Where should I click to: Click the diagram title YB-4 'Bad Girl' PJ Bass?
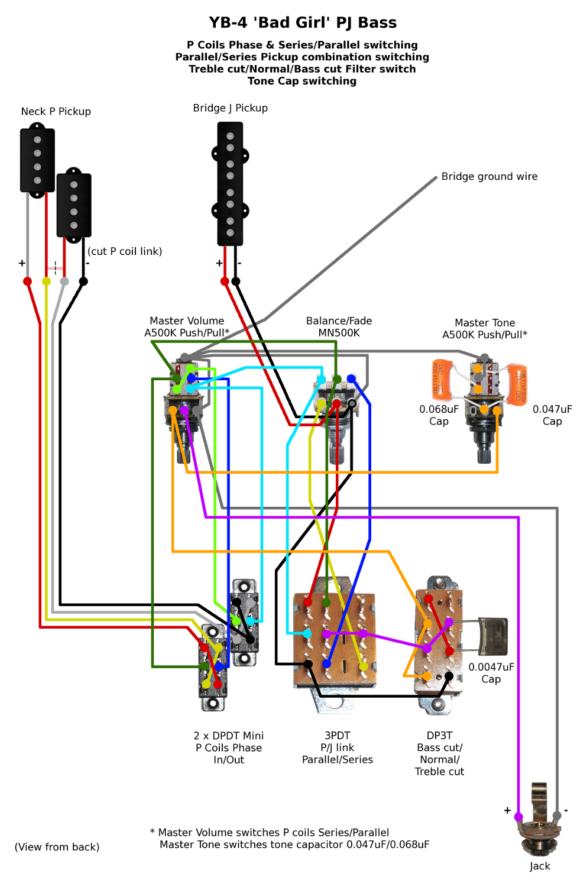click(302, 22)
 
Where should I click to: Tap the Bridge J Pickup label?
click(230, 108)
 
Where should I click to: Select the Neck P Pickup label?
click(56, 111)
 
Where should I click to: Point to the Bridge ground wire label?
click(489, 176)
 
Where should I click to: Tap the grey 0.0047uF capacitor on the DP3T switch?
click(492, 636)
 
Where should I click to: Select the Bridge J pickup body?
click(230, 183)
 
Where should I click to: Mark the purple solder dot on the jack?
click(518, 817)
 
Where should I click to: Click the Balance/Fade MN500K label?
click(339, 326)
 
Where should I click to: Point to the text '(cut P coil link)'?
click(125, 251)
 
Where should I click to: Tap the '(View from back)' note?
click(57, 847)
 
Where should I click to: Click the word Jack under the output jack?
click(540, 866)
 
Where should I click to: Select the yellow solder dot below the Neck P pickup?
click(46, 281)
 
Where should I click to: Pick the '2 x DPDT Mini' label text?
click(228, 736)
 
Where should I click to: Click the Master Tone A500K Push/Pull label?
click(485, 329)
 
